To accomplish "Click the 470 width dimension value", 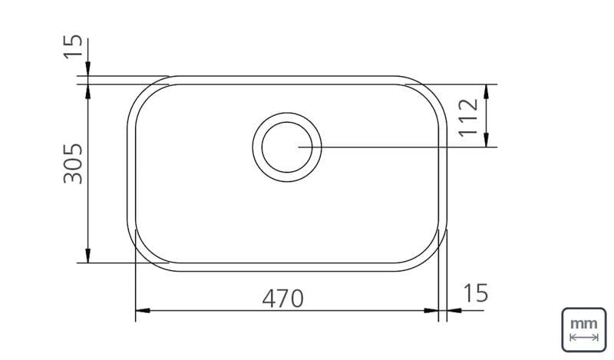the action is coord(282,299).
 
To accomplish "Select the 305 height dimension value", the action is coord(73,163).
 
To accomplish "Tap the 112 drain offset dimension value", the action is coord(469,117).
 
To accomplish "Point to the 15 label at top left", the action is coord(73,47).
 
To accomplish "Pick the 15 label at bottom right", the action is coord(476,293).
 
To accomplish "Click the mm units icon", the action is coord(584,330).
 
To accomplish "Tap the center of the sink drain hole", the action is coord(287,147).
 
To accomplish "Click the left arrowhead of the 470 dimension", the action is coord(143,311).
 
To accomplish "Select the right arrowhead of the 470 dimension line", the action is coord(431,311).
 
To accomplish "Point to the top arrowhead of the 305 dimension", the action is coord(88,91).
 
